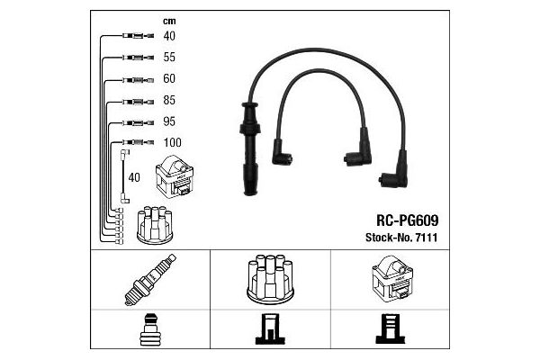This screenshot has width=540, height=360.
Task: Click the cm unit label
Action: [169, 22]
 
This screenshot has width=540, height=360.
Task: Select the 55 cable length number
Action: [169, 58]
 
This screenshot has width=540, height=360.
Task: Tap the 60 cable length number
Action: [169, 78]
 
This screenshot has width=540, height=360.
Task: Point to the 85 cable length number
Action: [169, 100]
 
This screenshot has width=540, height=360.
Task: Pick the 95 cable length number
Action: [169, 121]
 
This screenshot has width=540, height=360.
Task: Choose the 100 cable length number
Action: [172, 142]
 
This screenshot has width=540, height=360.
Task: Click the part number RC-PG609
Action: [408, 220]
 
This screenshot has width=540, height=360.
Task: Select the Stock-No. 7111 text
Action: [401, 238]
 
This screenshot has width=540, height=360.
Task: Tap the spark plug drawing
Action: [150, 280]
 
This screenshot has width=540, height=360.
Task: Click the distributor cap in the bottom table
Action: [270, 279]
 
